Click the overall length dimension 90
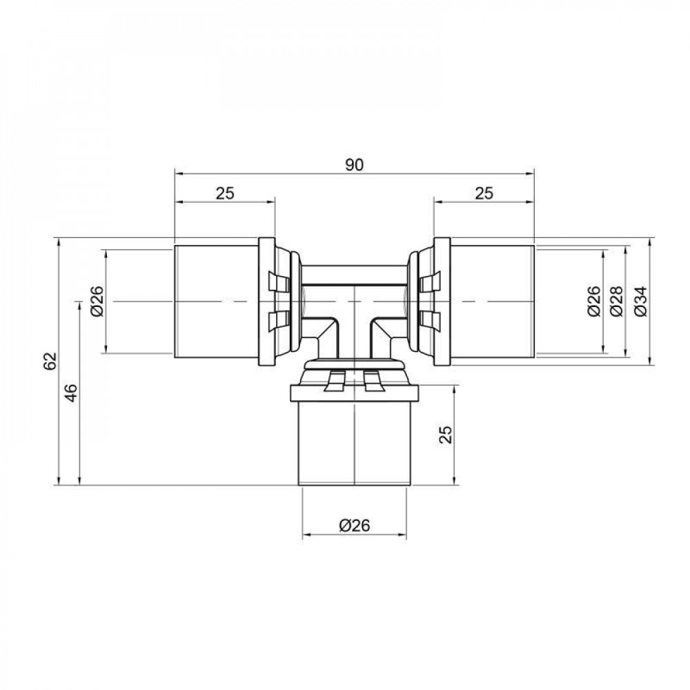[355, 165]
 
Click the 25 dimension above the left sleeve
[225, 193]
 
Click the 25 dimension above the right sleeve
[484, 193]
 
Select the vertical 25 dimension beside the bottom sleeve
[446, 434]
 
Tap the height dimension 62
[48, 362]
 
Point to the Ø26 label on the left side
[96, 302]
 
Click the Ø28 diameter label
[616, 302]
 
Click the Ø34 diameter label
[639, 302]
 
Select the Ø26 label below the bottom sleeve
[355, 525]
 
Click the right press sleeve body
[491, 302]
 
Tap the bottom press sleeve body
[353, 442]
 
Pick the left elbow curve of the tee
[324, 331]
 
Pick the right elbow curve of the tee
[384, 331]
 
